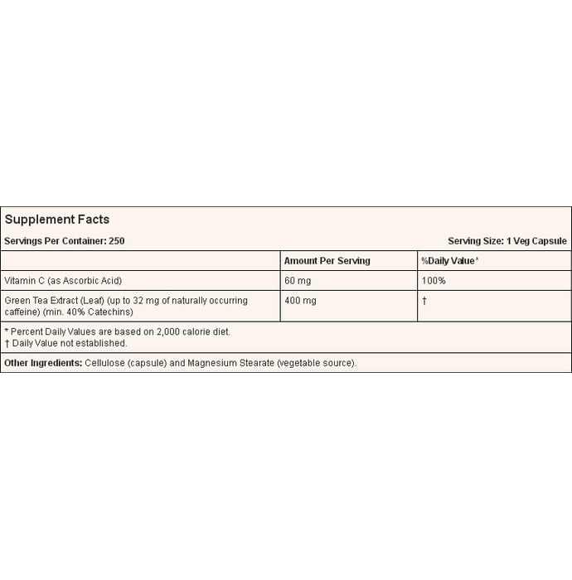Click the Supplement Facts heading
(x=57, y=220)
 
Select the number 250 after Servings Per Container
(x=116, y=241)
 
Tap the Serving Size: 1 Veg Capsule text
(x=507, y=241)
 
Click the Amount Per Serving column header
(x=327, y=261)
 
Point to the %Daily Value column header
(x=449, y=261)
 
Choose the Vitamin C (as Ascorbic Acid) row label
(x=63, y=281)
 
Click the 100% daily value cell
(x=434, y=281)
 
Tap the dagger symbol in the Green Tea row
(x=424, y=301)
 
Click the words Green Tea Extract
(x=40, y=301)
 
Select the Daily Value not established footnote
(x=70, y=343)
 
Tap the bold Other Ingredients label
(x=43, y=363)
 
